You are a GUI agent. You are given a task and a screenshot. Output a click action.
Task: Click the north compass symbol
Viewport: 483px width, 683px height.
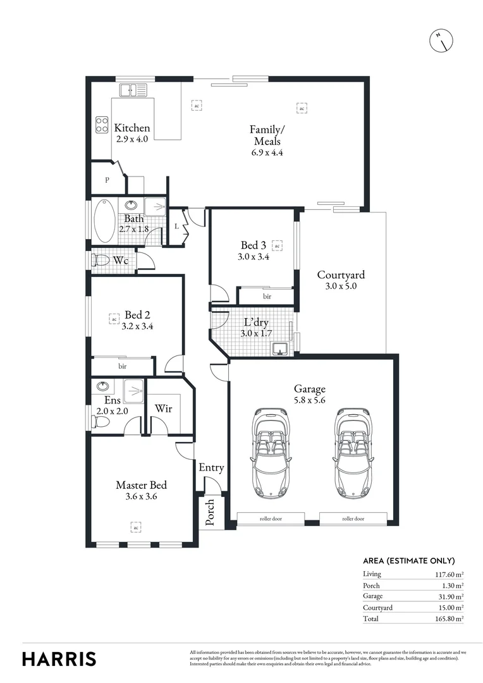(x=441, y=41)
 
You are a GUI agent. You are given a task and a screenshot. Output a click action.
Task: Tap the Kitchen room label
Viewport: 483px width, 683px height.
(x=132, y=128)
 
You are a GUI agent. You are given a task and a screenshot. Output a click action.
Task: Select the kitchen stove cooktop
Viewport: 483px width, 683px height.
(x=101, y=125)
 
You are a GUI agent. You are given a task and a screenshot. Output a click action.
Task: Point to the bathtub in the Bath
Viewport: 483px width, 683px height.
(x=104, y=221)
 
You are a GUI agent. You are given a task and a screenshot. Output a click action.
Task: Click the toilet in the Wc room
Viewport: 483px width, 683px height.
(x=101, y=261)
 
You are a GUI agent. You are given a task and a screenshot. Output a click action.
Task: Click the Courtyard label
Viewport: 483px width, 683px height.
(x=341, y=275)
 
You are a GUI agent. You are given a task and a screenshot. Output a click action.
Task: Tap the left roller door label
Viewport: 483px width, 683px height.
(x=271, y=519)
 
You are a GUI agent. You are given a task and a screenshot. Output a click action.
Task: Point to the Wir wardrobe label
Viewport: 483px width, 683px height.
(x=163, y=409)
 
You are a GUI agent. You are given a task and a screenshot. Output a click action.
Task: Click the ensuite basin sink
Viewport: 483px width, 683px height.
(x=103, y=386)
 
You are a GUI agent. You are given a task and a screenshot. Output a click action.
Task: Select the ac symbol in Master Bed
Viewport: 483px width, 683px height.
(x=135, y=526)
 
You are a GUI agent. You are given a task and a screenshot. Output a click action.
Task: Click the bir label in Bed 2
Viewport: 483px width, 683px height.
(x=122, y=366)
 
